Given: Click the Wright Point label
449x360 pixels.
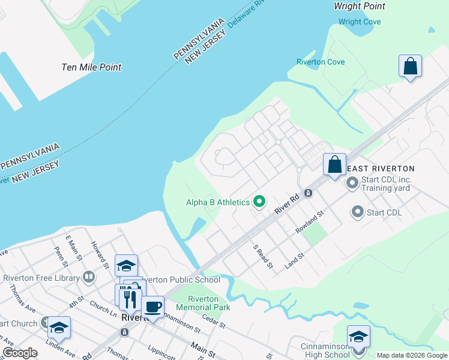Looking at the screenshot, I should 359,6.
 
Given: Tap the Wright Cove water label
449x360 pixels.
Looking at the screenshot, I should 359,22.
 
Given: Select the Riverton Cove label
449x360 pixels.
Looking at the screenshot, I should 320,62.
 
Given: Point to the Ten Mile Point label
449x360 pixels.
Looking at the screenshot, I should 91,67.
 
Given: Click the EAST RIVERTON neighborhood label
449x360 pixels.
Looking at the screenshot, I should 379,169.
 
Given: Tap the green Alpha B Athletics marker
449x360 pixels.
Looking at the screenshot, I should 259,202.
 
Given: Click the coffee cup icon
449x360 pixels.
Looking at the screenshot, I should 153,307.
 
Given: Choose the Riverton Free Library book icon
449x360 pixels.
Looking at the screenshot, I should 89,277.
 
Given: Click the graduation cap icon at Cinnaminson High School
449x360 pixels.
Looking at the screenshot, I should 358,336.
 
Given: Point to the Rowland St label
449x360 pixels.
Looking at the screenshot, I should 310,222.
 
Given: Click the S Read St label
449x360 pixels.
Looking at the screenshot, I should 263,256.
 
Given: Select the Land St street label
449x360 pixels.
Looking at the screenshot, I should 295,262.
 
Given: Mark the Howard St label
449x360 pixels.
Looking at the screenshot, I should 98,255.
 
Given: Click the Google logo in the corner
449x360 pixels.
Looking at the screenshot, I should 20,353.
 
